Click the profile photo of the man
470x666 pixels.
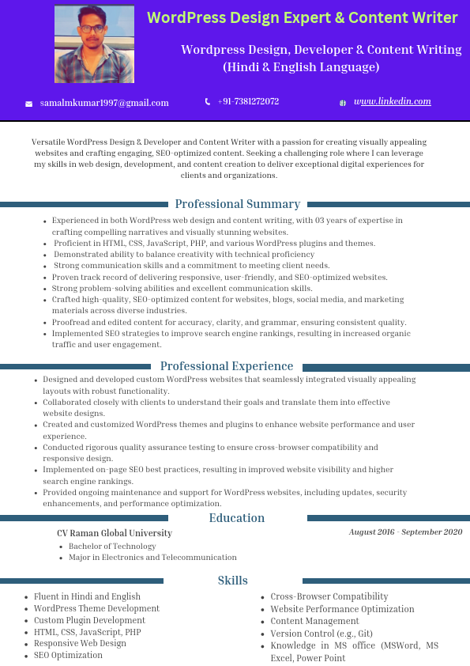[83, 44]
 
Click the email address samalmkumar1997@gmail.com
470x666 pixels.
[104, 103]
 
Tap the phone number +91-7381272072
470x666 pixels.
[248, 101]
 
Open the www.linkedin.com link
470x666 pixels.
[393, 101]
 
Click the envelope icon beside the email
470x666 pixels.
[29, 104]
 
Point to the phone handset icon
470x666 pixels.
[208, 101]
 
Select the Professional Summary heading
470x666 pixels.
[237, 204]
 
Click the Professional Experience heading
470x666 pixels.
[227, 366]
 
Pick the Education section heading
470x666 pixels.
[237, 518]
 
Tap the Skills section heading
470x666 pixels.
[233, 581]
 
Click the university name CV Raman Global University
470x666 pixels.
[115, 533]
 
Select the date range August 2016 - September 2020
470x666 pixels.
[405, 532]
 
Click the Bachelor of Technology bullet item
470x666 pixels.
[112, 546]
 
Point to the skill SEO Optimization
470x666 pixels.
[68, 655]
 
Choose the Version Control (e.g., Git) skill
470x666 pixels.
[321, 634]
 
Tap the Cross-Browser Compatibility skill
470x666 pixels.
[329, 596]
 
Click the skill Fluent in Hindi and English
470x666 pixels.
[87, 596]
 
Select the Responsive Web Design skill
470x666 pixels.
[80, 643]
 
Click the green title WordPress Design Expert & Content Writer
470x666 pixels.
[302, 17]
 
